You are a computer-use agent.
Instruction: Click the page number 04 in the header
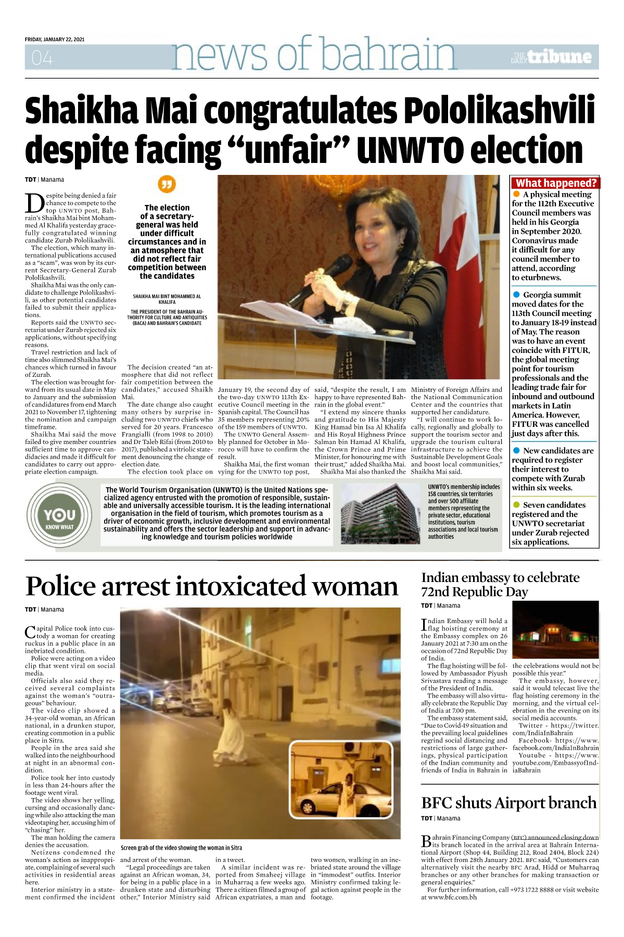42,58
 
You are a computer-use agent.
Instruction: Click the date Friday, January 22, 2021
55,40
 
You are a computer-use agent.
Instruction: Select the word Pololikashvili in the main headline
499,111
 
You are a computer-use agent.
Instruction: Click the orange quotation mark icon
167,184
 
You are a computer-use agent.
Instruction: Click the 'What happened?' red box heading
556,183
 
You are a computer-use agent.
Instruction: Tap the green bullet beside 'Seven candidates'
516,505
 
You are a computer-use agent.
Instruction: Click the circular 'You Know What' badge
59,515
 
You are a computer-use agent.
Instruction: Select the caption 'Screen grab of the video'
181,848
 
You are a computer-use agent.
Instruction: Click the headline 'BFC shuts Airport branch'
508,803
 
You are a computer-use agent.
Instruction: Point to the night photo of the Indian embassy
555,630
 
